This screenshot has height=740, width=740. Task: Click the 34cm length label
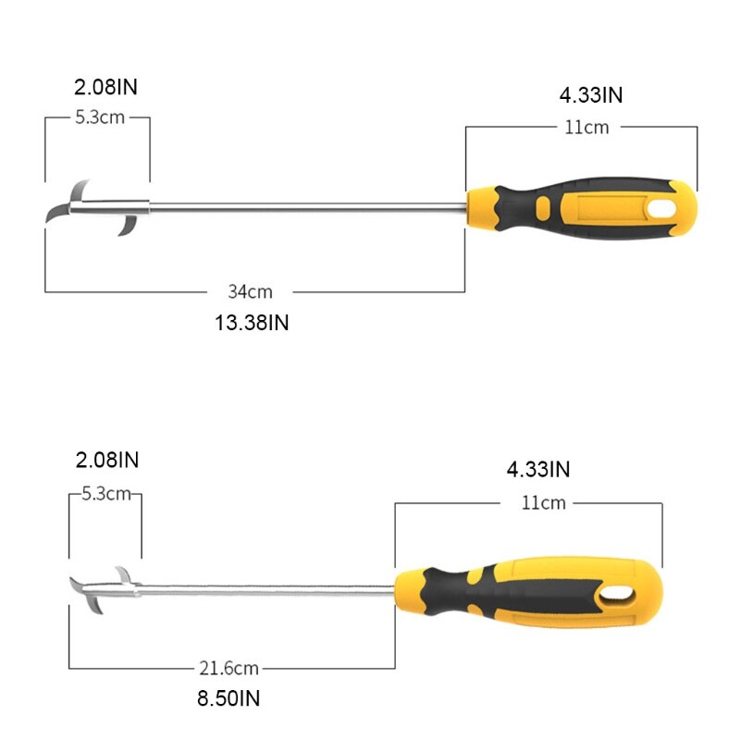click(x=250, y=291)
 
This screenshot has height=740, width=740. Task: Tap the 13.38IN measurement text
click(x=252, y=322)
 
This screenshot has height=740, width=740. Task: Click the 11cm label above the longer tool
click(x=586, y=128)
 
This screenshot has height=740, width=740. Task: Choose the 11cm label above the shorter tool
click(x=542, y=503)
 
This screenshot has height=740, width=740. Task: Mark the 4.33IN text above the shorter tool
click(x=538, y=469)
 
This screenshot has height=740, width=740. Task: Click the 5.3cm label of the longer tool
click(x=98, y=117)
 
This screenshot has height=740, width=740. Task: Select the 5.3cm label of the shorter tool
click(x=105, y=494)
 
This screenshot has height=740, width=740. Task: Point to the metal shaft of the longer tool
click(x=305, y=203)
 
